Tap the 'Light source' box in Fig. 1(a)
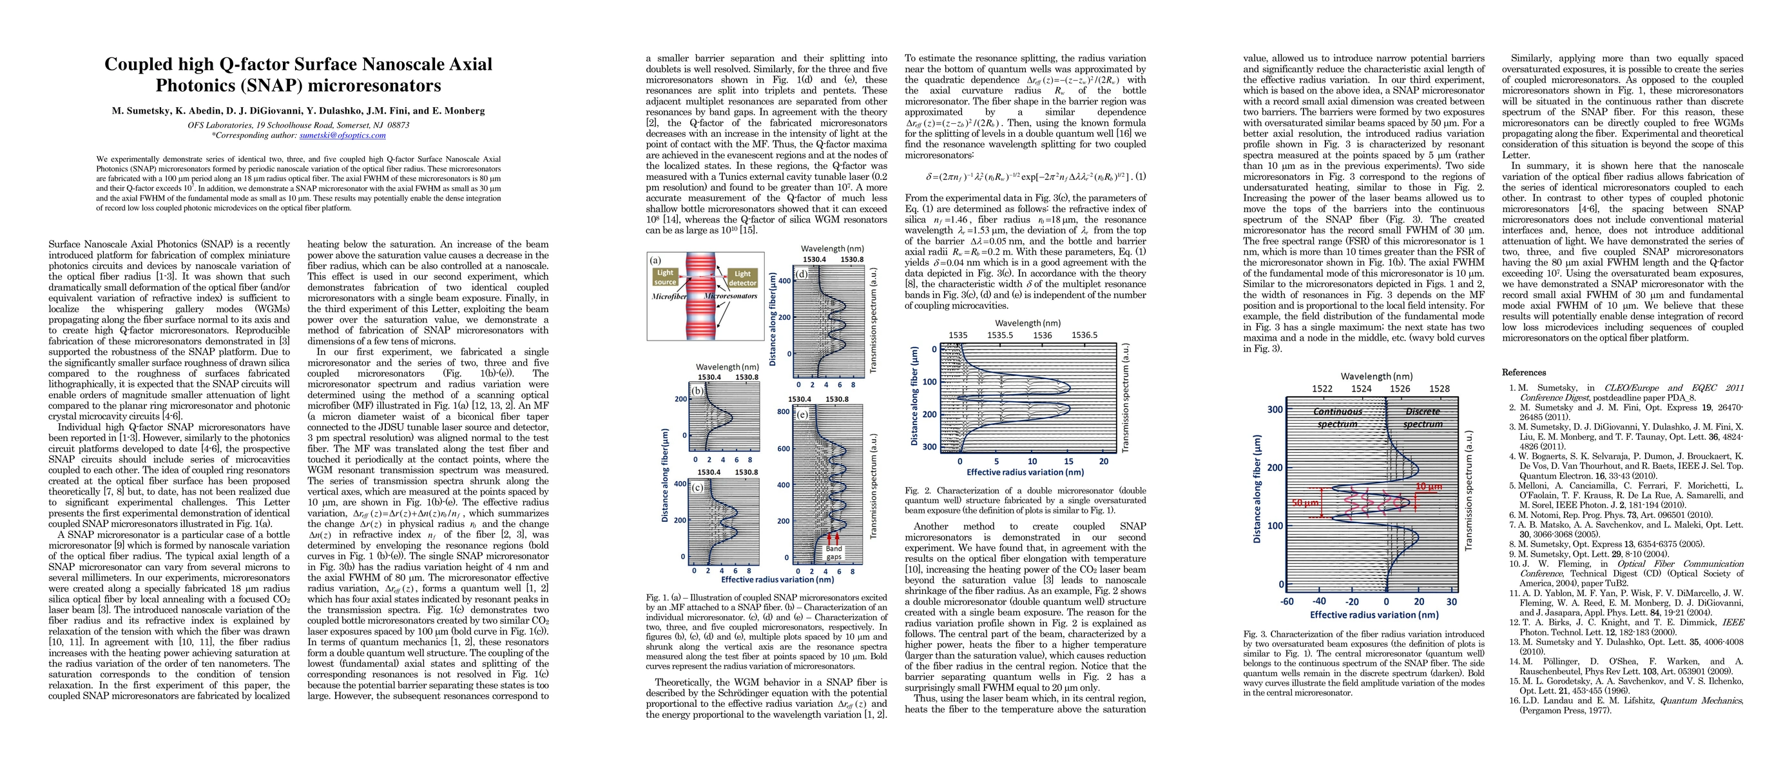[665, 277]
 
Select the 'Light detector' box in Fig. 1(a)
[742, 278]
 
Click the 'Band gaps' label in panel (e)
[833, 553]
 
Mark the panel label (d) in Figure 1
[802, 273]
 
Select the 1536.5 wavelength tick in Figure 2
[1084, 335]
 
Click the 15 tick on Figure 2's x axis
[1068, 461]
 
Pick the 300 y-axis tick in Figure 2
[929, 447]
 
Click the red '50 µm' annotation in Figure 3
[1305, 502]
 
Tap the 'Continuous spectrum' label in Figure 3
[1337, 417]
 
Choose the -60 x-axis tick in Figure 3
[1287, 601]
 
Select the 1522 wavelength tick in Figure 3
[1322, 388]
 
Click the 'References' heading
[1523, 372]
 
